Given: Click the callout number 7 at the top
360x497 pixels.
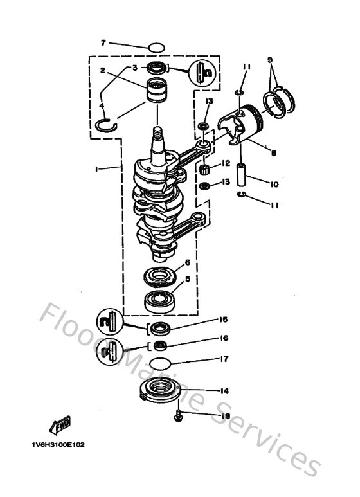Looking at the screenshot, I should click(x=102, y=43).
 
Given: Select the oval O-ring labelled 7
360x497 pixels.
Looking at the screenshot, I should click(x=156, y=48).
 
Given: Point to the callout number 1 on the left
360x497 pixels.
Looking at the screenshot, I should click(x=96, y=169).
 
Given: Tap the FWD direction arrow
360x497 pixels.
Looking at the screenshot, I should click(x=60, y=425).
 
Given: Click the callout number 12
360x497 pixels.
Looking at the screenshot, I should click(x=226, y=163).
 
